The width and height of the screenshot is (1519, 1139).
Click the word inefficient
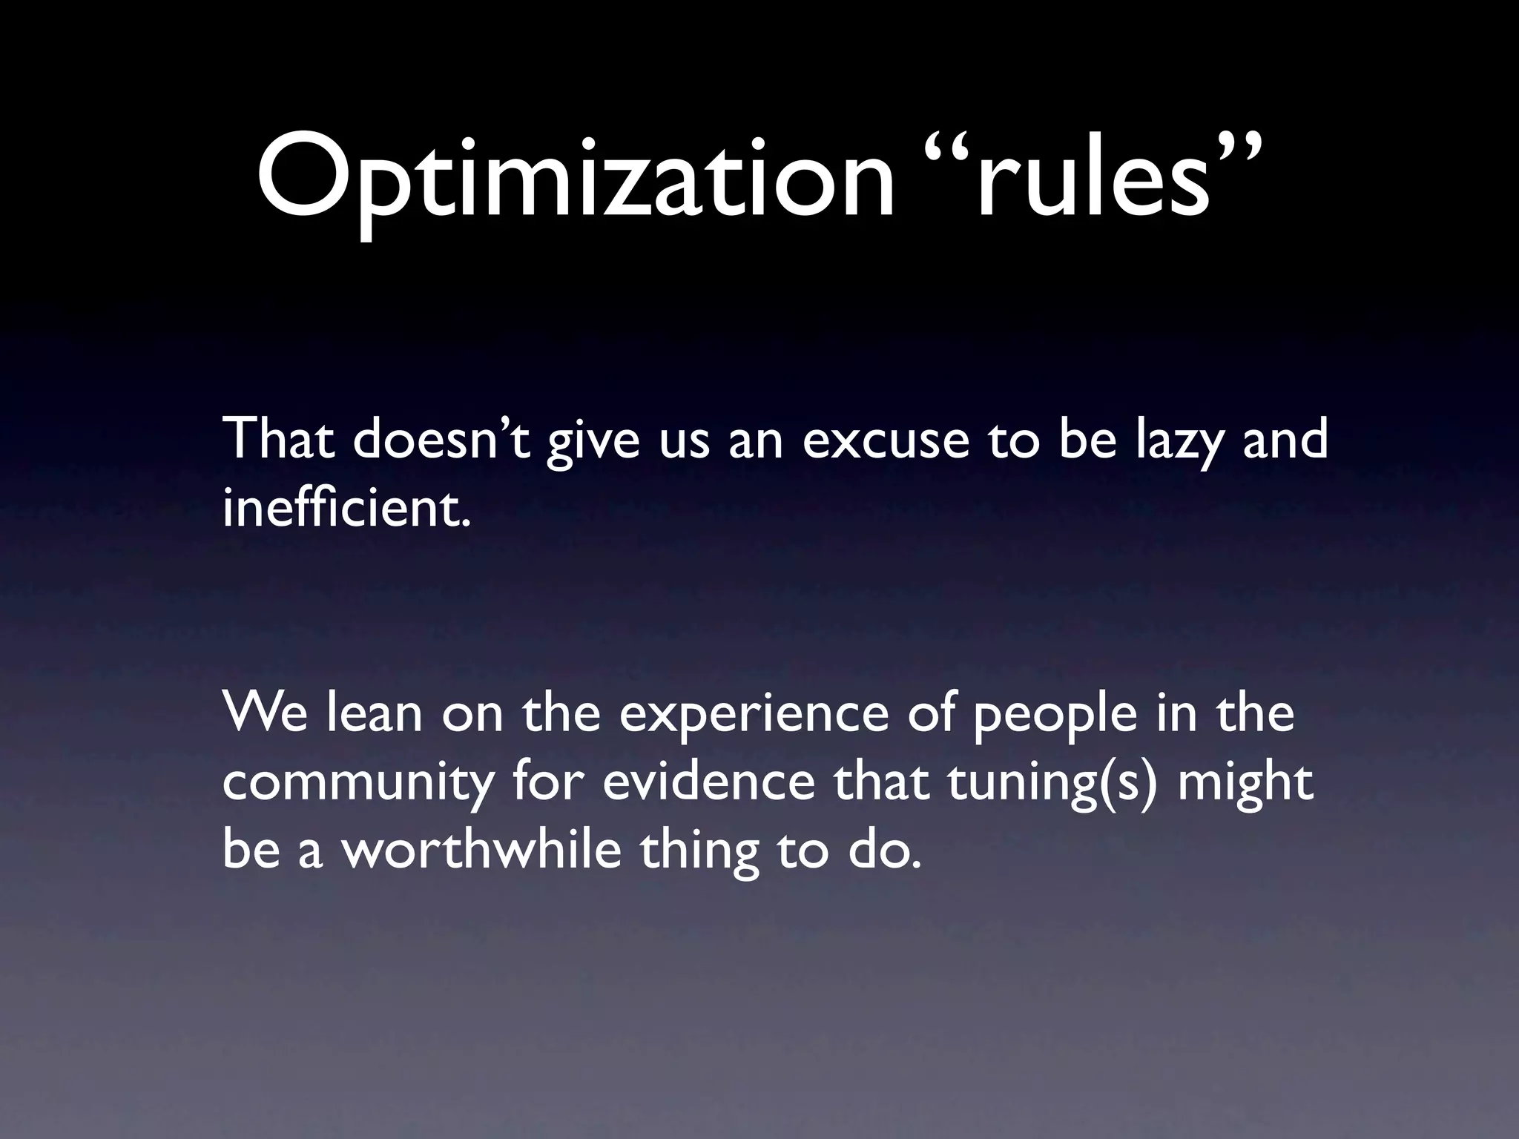[x=346, y=509]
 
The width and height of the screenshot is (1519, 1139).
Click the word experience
[x=754, y=716]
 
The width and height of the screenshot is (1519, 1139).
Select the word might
[x=1245, y=785]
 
